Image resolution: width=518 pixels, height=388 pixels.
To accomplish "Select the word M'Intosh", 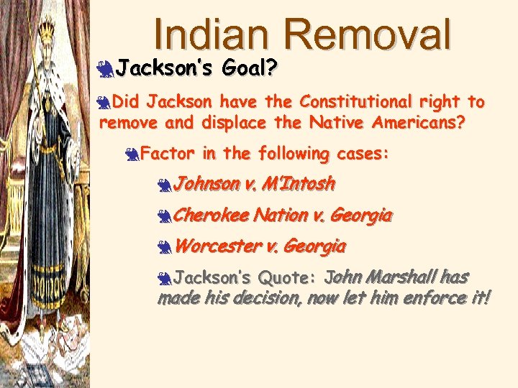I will [x=299, y=184].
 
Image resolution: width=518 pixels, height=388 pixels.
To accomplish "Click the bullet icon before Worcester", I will [x=165, y=247].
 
